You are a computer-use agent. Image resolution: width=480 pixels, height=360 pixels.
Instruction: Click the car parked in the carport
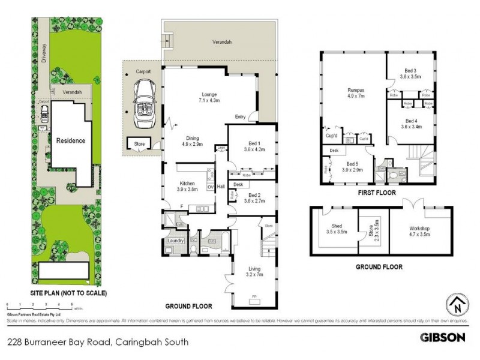point(144,107)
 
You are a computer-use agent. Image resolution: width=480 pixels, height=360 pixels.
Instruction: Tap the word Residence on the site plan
point(71,140)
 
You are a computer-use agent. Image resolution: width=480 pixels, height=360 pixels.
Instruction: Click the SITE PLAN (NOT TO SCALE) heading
point(68,293)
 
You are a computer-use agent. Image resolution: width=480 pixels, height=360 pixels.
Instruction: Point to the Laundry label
point(175,241)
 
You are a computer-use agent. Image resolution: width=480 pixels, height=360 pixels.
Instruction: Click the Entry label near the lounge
point(241,116)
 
